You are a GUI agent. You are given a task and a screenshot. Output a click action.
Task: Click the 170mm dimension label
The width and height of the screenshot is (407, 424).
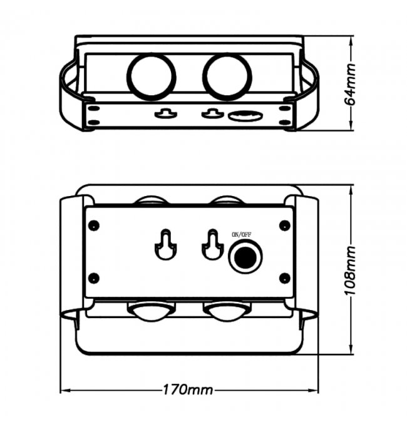187,390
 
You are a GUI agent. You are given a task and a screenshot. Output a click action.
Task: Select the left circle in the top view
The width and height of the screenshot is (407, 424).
152,76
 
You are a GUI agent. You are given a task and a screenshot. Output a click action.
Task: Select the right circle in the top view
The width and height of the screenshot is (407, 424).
227,76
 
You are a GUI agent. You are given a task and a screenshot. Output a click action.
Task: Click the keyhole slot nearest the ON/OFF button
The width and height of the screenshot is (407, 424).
212,246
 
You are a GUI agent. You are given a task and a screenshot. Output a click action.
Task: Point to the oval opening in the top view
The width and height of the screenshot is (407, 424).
244,116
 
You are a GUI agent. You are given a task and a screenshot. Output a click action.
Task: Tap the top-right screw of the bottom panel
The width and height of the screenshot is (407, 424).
285,224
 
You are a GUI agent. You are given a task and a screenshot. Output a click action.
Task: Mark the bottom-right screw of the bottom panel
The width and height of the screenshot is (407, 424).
285,277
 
